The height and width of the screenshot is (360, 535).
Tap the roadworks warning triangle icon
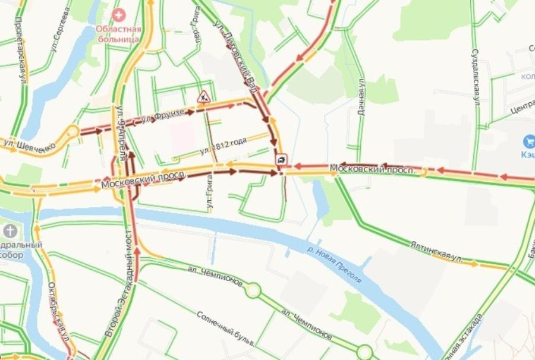(203, 96)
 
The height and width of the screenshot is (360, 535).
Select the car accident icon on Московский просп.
(281, 159)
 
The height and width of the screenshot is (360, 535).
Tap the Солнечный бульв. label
(226, 330)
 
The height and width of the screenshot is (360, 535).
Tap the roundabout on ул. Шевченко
(72, 132)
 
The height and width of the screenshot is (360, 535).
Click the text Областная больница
(119, 34)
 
